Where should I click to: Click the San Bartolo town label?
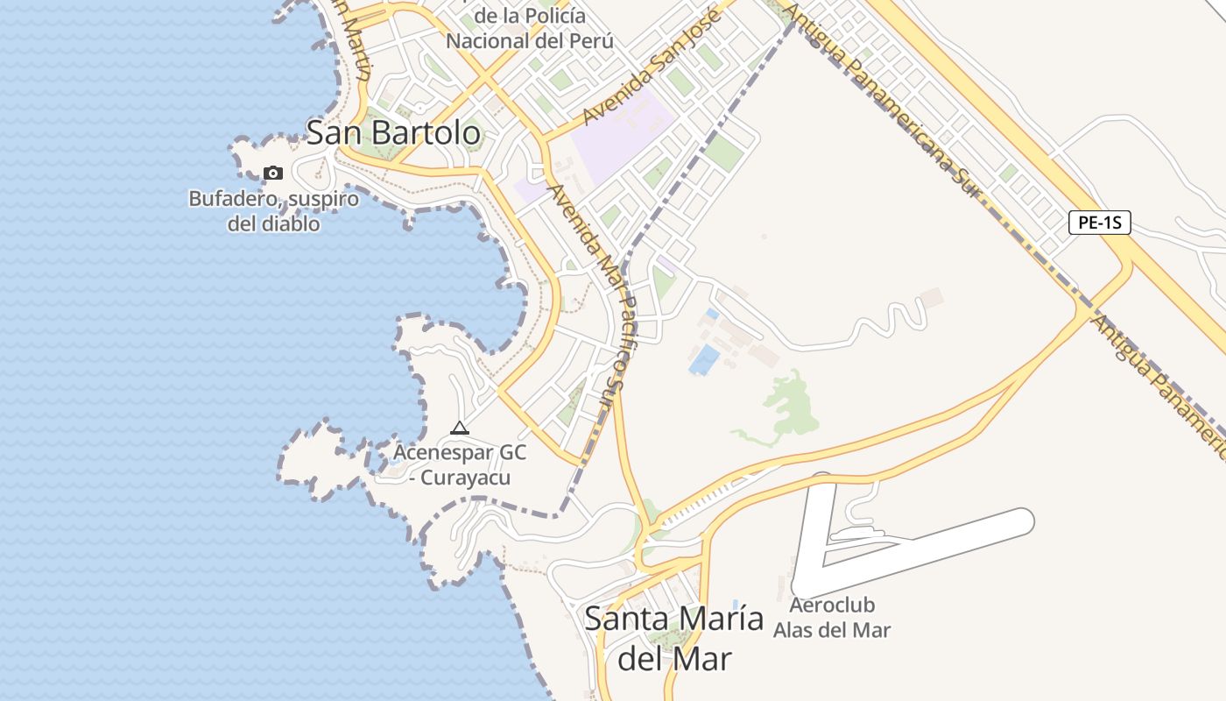point(393,133)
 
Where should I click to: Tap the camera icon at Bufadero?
point(273,173)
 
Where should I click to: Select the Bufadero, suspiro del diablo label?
point(273,211)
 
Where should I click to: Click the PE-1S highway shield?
point(1099,223)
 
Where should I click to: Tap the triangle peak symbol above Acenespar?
point(459,428)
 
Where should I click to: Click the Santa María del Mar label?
point(673,638)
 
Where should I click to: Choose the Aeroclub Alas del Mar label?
point(832,618)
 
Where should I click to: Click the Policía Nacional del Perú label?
point(529,28)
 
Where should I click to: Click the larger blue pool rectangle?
point(704,359)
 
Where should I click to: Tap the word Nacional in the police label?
point(486,41)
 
